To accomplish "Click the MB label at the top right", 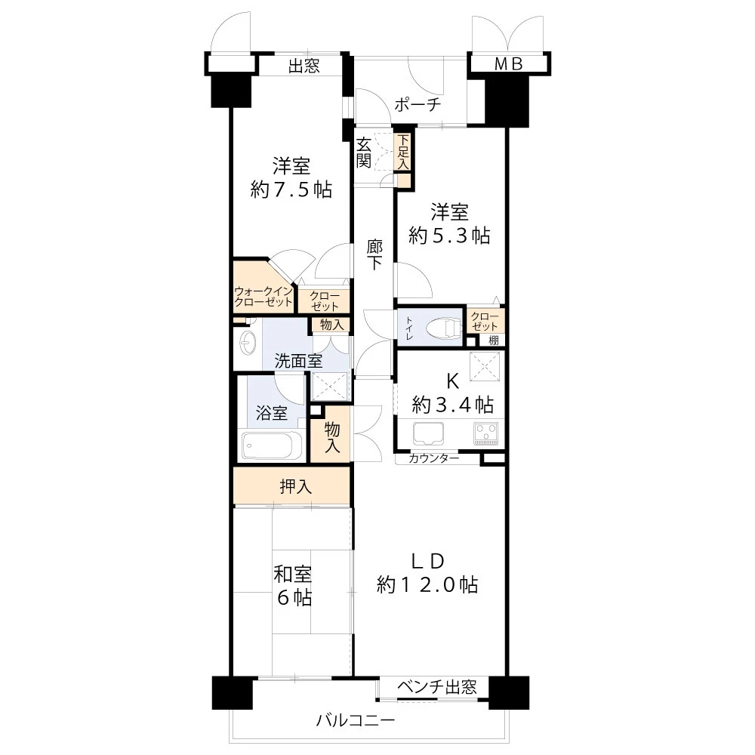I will point(508,65).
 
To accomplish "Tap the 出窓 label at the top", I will point(304,66).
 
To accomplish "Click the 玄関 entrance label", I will point(364,152).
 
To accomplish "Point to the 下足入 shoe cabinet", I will point(404,151).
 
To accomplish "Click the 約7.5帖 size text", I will point(291,190).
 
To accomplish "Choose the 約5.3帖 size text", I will point(449,236).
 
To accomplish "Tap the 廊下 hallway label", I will point(374,254).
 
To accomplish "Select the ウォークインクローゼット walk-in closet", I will point(263,296).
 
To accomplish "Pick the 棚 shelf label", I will point(493,341).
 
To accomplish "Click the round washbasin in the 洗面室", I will point(247,343).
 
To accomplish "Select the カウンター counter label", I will point(433,458).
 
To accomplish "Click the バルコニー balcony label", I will point(355,721).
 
